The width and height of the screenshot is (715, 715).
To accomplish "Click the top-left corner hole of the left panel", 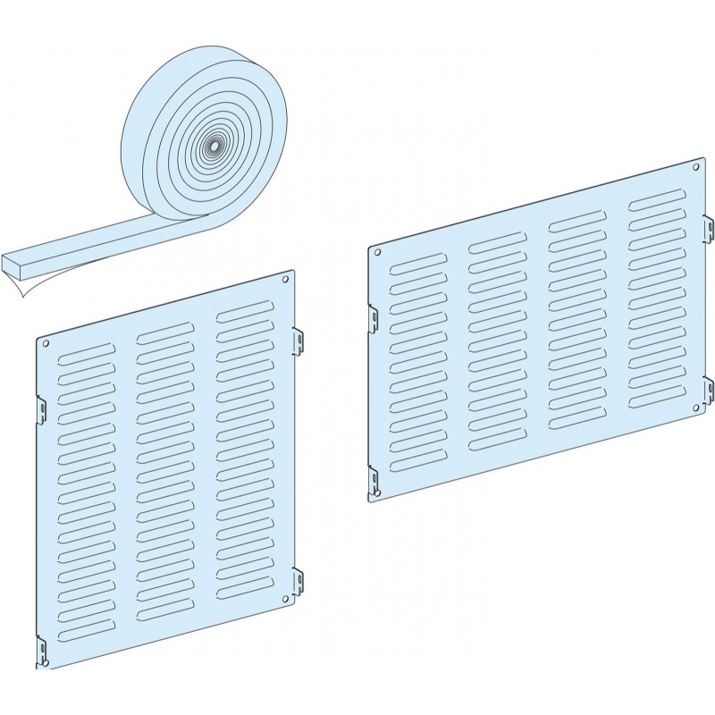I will [45, 343].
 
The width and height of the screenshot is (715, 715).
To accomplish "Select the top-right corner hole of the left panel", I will [285, 280].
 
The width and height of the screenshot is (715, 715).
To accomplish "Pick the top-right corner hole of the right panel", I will [695, 164].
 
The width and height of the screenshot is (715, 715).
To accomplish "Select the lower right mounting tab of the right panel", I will [709, 390].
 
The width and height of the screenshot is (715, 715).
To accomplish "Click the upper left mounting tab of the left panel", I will [41, 408].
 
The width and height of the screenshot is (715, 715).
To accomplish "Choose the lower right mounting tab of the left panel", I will [299, 581].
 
